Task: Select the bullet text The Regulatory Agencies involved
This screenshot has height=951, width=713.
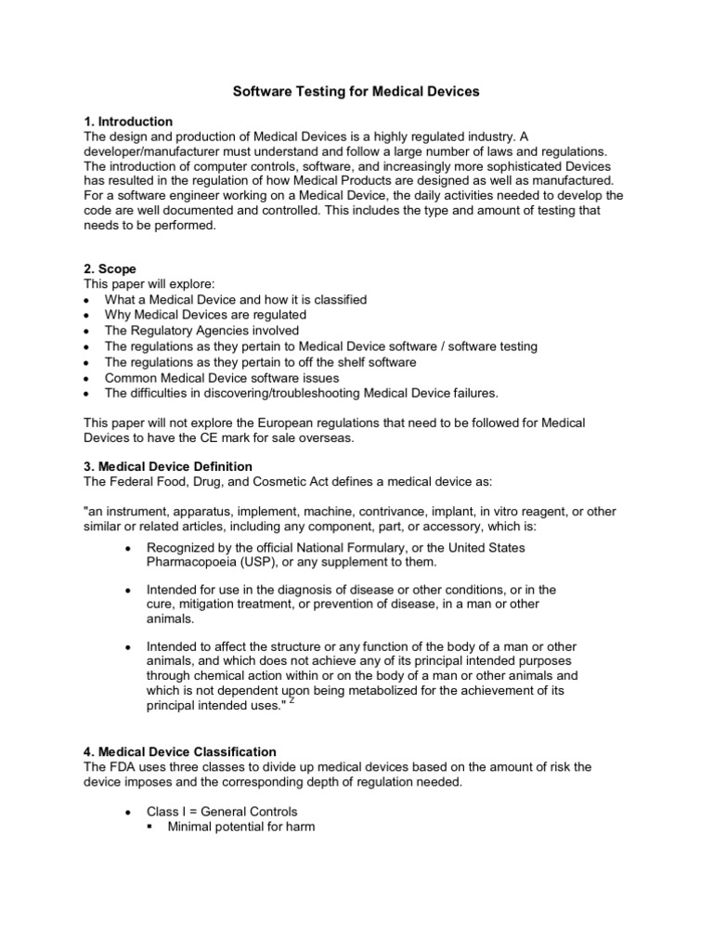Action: click(202, 331)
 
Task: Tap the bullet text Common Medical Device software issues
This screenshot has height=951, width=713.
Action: click(223, 377)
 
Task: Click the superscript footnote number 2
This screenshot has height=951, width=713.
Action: click(292, 702)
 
